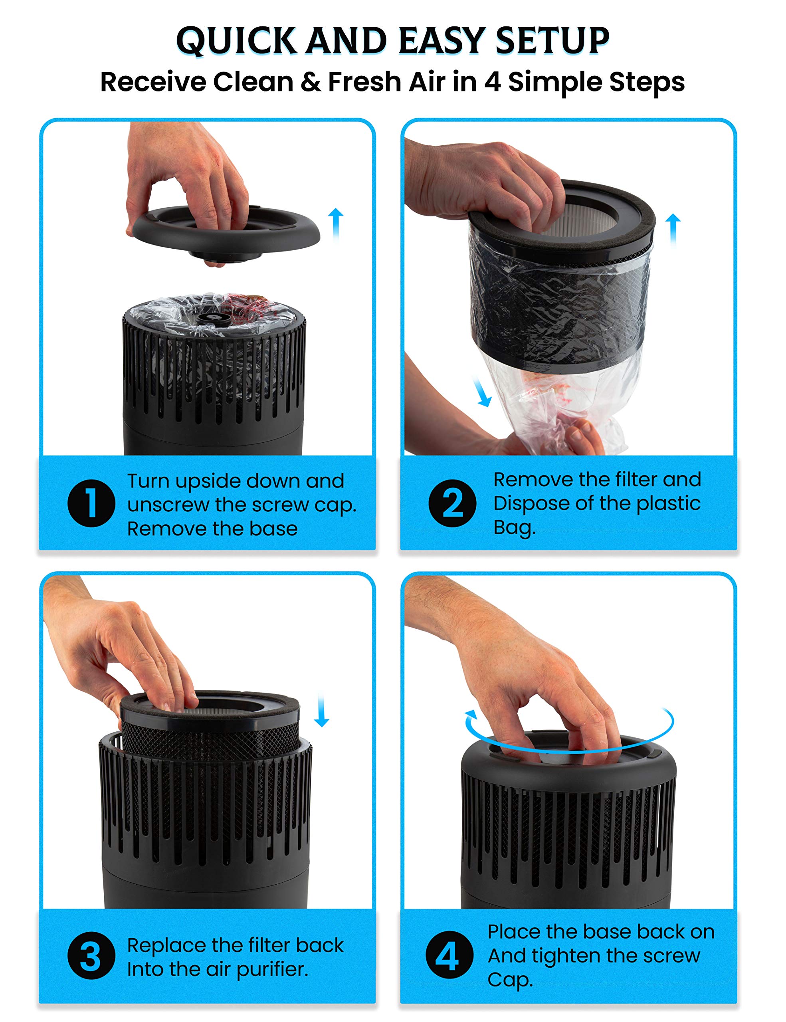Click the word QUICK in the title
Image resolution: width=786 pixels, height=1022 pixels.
pyautogui.click(x=236, y=41)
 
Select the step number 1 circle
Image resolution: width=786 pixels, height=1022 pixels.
pyautogui.click(x=91, y=503)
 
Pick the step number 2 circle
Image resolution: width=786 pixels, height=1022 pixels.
pyautogui.click(x=452, y=503)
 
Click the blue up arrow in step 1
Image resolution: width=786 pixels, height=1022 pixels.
pyautogui.click(x=335, y=225)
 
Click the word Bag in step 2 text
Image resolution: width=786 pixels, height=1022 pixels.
pyautogui.click(x=514, y=528)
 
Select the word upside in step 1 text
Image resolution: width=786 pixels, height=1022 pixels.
pyautogui.click(x=208, y=481)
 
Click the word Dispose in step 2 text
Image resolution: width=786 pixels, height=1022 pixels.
pyautogui.click(x=531, y=504)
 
